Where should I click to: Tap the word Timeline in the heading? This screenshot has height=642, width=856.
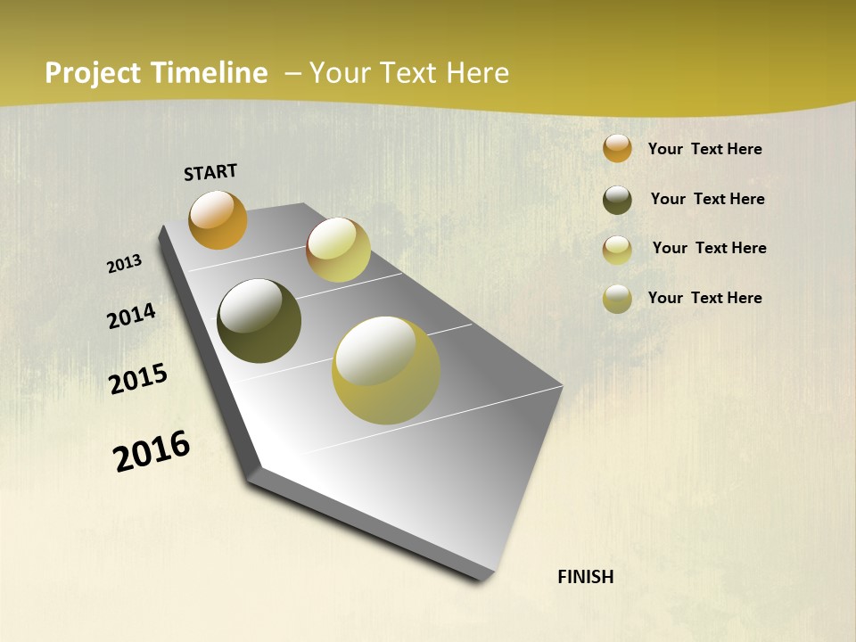click(x=207, y=73)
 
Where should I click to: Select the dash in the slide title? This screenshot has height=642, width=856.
click(x=292, y=73)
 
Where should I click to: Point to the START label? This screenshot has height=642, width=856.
click(x=210, y=172)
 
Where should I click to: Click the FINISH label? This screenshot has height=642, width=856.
click(x=586, y=577)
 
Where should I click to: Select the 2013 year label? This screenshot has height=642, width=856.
click(x=125, y=263)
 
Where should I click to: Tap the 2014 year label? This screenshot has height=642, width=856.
click(x=132, y=316)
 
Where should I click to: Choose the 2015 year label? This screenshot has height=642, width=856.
click(x=138, y=379)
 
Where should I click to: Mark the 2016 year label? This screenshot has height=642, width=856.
click(x=152, y=451)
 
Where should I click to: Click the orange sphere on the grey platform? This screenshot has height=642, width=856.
click(x=218, y=220)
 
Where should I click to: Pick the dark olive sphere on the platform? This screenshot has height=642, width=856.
click(x=259, y=321)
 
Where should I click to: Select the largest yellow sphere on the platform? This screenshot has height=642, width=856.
click(x=385, y=370)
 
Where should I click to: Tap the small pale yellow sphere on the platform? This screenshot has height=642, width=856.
click(x=338, y=250)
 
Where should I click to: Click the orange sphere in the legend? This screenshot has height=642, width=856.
click(x=617, y=149)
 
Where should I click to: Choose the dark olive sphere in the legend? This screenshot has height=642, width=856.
click(x=617, y=200)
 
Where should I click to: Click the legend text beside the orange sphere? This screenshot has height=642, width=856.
click(x=704, y=149)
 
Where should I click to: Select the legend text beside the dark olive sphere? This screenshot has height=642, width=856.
click(x=707, y=199)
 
